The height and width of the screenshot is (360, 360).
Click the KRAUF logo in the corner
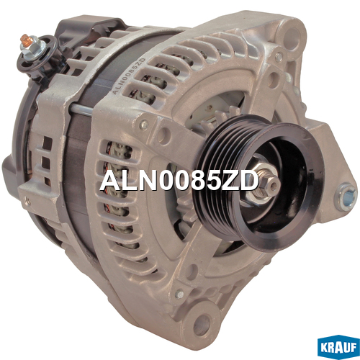(x=338, y=347)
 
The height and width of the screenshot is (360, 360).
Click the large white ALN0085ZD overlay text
(x=179, y=181)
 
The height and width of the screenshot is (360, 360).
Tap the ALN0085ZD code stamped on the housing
(x=129, y=76)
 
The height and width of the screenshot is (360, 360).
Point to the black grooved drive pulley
(x=259, y=182)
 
